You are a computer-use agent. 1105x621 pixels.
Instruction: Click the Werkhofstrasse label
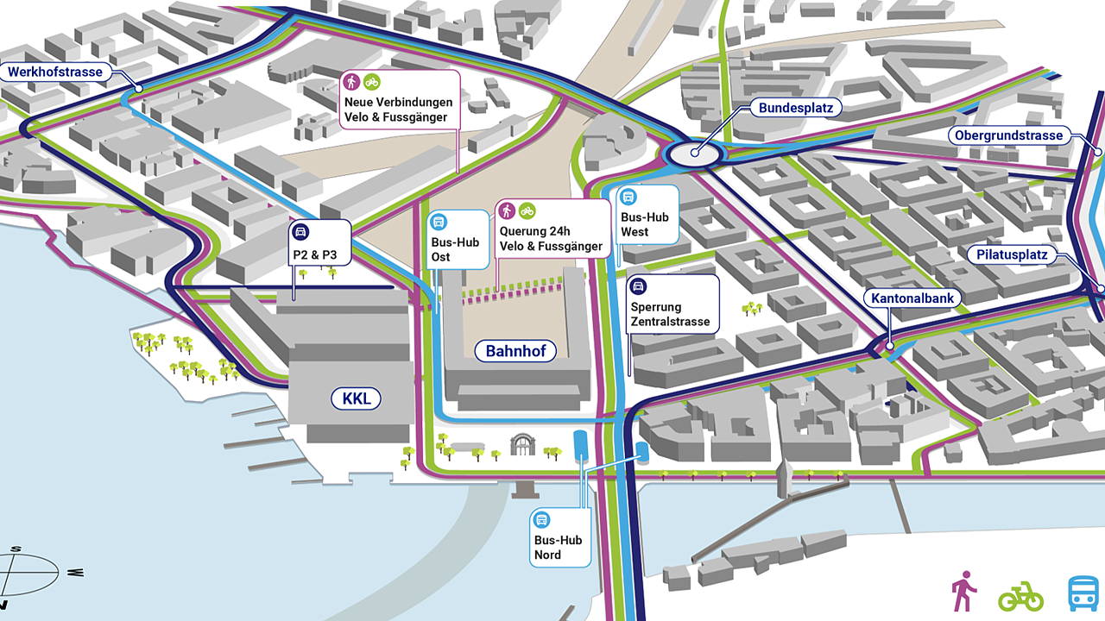(56, 72)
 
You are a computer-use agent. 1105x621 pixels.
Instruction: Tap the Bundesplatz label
(794, 109)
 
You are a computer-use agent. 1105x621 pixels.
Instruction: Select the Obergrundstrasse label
(1008, 135)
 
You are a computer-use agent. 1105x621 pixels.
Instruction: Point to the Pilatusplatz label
(1013, 254)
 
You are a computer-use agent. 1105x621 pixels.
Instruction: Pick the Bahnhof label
(515, 351)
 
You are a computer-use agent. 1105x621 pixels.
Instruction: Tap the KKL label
(356, 398)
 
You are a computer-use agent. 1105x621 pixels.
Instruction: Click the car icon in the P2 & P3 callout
(301, 231)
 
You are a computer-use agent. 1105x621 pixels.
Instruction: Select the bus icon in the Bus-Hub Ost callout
(439, 222)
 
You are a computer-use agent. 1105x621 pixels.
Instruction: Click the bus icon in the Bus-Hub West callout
(628, 197)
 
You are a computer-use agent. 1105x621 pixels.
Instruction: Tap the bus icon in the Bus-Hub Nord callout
(542, 519)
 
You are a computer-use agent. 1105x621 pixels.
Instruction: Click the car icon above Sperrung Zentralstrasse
(639, 286)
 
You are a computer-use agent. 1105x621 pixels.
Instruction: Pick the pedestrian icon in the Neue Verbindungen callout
(352, 82)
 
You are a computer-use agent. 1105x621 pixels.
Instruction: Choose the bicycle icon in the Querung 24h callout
(527, 210)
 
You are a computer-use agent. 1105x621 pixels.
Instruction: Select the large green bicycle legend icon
(1021, 595)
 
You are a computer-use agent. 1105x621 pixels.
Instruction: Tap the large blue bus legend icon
(1083, 593)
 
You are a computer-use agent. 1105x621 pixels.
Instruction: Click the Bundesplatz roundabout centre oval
(695, 154)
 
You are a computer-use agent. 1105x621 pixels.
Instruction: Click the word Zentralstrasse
(670, 323)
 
